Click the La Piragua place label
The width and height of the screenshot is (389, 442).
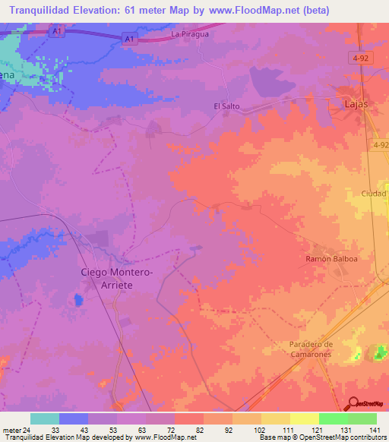(x=190, y=34)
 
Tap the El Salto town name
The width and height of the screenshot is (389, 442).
(x=226, y=106)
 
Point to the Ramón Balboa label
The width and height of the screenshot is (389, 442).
(x=331, y=258)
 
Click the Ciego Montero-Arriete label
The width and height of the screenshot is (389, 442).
(x=117, y=277)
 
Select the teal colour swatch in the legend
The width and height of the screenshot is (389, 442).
(x=45, y=418)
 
